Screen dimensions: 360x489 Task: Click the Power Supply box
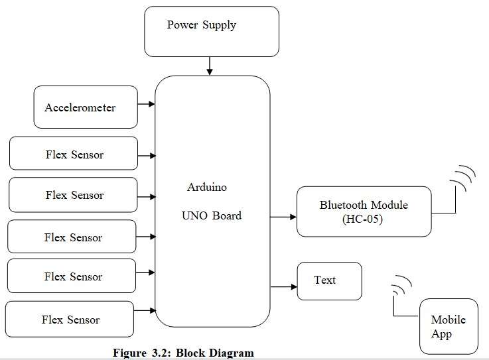(211, 31)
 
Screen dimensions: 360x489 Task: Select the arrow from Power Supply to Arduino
(210, 66)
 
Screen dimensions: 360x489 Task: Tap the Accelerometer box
(86, 107)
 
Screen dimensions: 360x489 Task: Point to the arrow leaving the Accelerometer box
(146, 104)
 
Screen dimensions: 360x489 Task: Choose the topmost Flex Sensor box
(74, 154)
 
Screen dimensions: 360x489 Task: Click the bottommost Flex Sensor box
(70, 319)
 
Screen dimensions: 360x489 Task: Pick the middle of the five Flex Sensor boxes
(72, 237)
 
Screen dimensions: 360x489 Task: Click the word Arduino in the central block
(206, 188)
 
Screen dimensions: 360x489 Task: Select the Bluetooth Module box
(364, 211)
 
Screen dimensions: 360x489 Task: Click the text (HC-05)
(364, 219)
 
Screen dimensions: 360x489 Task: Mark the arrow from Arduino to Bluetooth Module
(283, 217)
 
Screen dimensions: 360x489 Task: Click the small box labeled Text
(329, 280)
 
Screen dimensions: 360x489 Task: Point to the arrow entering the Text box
(283, 286)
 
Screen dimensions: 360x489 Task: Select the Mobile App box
(449, 326)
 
